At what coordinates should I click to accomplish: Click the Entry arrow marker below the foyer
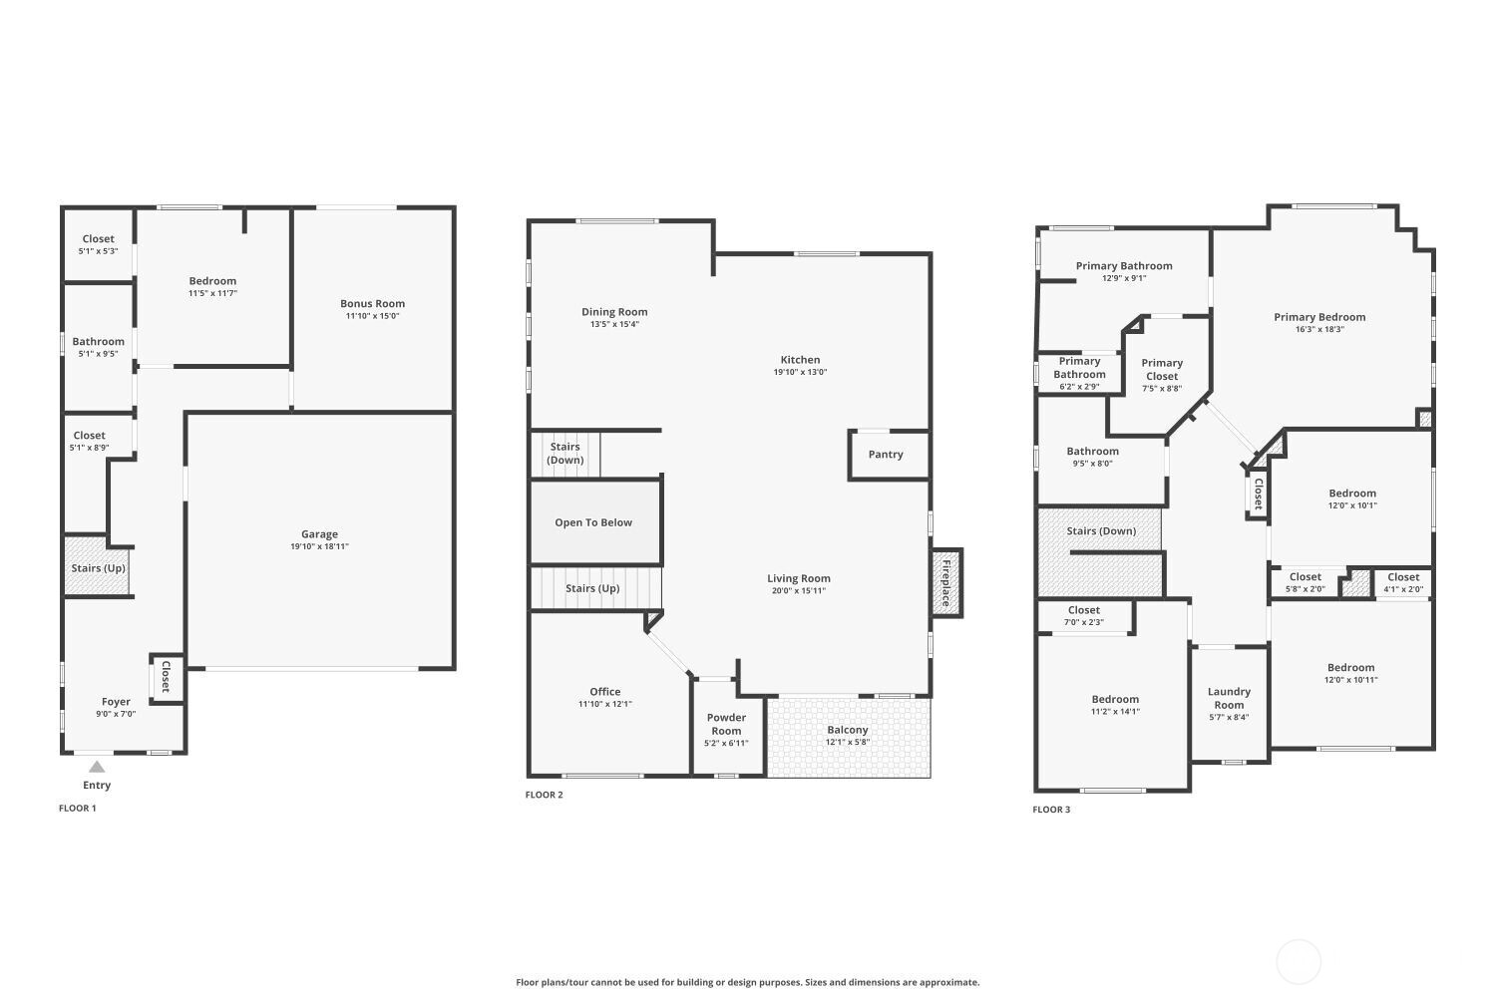point(97,767)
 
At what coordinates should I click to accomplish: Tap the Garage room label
point(319,534)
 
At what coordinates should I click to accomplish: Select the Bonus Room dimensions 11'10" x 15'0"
point(372,316)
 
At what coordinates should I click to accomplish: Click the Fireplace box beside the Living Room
point(946,582)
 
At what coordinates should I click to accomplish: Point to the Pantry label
point(886,455)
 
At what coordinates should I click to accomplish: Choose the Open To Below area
point(593,522)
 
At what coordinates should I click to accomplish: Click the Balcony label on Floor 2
point(848,730)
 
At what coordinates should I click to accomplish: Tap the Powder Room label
point(726,724)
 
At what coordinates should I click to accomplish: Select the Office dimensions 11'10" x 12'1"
point(604,704)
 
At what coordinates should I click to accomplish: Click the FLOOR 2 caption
point(545,795)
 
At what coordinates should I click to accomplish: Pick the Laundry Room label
point(1229,698)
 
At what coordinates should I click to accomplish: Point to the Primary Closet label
point(1162,369)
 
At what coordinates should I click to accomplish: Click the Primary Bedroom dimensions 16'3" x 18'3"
point(1319,329)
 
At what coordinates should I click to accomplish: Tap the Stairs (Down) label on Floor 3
point(1101,531)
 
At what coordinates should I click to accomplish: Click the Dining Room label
point(614,312)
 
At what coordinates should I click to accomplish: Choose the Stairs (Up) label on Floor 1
point(99,568)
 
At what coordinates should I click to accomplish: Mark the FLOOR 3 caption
point(1051,810)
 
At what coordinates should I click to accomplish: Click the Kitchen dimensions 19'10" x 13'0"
point(800,372)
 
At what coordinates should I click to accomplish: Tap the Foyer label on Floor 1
point(116,702)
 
